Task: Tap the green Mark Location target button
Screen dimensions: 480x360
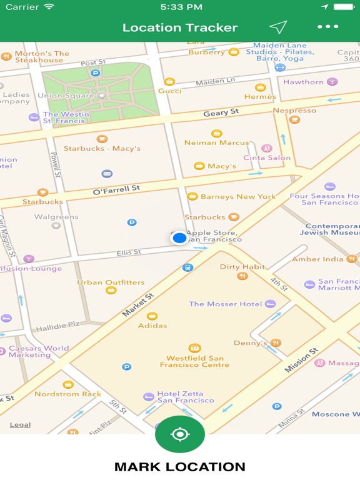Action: pyautogui.click(x=180, y=434)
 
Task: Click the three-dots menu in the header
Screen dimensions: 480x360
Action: pyautogui.click(x=327, y=27)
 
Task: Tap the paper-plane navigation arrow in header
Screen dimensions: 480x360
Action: pyautogui.click(x=278, y=27)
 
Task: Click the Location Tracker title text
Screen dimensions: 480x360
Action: pyautogui.click(x=180, y=27)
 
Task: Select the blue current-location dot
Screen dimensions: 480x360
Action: pyautogui.click(x=179, y=237)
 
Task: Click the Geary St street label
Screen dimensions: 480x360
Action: pyautogui.click(x=221, y=112)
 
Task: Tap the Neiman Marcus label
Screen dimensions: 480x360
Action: pyautogui.click(x=216, y=142)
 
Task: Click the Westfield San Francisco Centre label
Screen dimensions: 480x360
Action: pyautogui.click(x=194, y=361)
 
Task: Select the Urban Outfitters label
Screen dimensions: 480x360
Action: pyautogui.click(x=111, y=282)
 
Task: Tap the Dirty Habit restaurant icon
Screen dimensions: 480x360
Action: pyautogui.click(x=242, y=276)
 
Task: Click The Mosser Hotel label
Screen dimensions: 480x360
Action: pyautogui.click(x=226, y=304)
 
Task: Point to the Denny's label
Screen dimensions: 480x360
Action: pyautogui.click(x=250, y=343)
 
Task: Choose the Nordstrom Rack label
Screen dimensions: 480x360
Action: pyautogui.click(x=67, y=394)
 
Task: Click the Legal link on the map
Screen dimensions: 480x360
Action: pyautogui.click(x=20, y=425)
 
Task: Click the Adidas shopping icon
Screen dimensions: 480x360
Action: pyautogui.click(x=152, y=316)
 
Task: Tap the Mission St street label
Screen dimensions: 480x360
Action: pyautogui.click(x=301, y=361)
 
